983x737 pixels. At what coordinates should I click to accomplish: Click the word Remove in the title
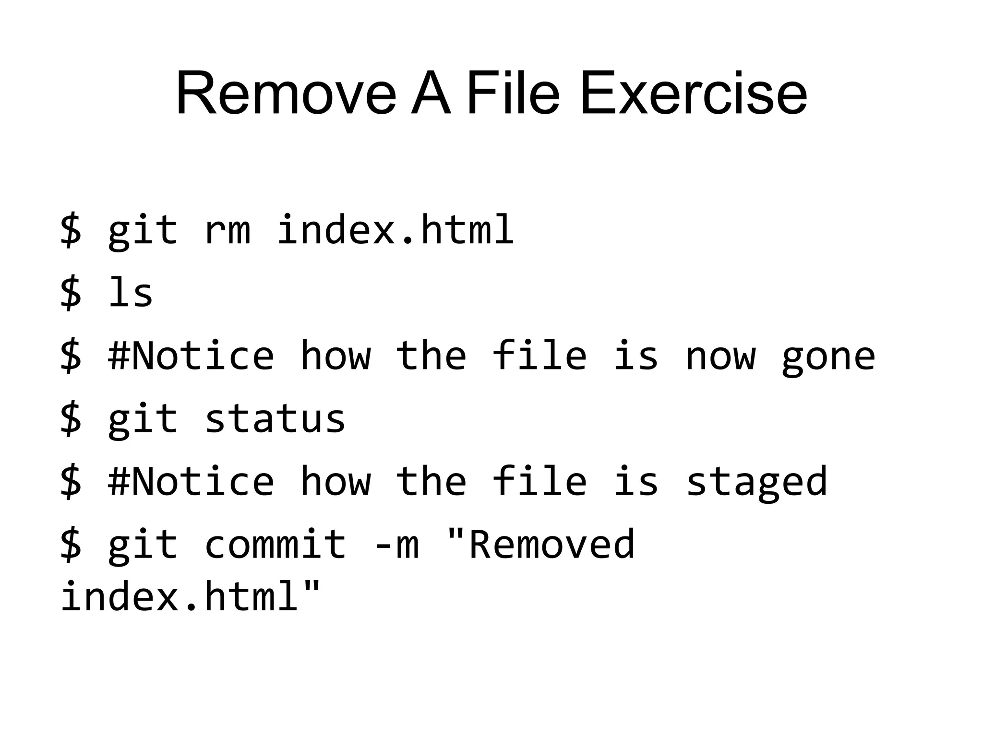click(x=286, y=94)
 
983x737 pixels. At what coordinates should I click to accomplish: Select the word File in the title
click(x=513, y=94)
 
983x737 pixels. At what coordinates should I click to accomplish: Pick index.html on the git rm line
click(x=396, y=229)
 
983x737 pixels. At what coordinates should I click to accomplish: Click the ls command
click(x=131, y=292)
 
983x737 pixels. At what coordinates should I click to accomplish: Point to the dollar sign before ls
click(x=71, y=293)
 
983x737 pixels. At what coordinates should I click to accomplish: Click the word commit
click(x=275, y=545)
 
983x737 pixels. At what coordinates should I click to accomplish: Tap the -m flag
click(x=396, y=545)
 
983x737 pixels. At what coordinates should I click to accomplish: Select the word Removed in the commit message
click(x=540, y=545)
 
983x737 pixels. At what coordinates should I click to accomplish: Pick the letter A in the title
click(x=431, y=94)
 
